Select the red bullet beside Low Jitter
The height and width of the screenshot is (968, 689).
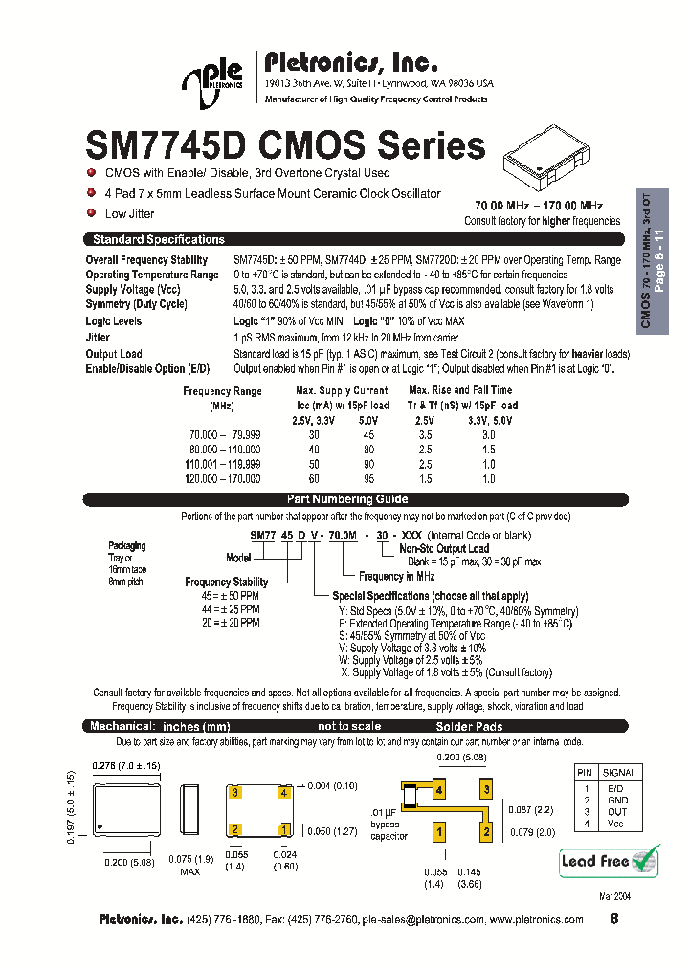91,213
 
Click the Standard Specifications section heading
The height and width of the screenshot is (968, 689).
158,240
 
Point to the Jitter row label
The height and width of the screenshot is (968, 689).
98,338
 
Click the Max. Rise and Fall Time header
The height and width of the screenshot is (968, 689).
460,390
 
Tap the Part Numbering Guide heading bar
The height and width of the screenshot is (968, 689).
347,499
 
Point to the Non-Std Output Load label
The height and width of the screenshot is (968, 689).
443,549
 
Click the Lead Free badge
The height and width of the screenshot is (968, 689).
609,860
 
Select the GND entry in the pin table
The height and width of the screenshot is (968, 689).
617,800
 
